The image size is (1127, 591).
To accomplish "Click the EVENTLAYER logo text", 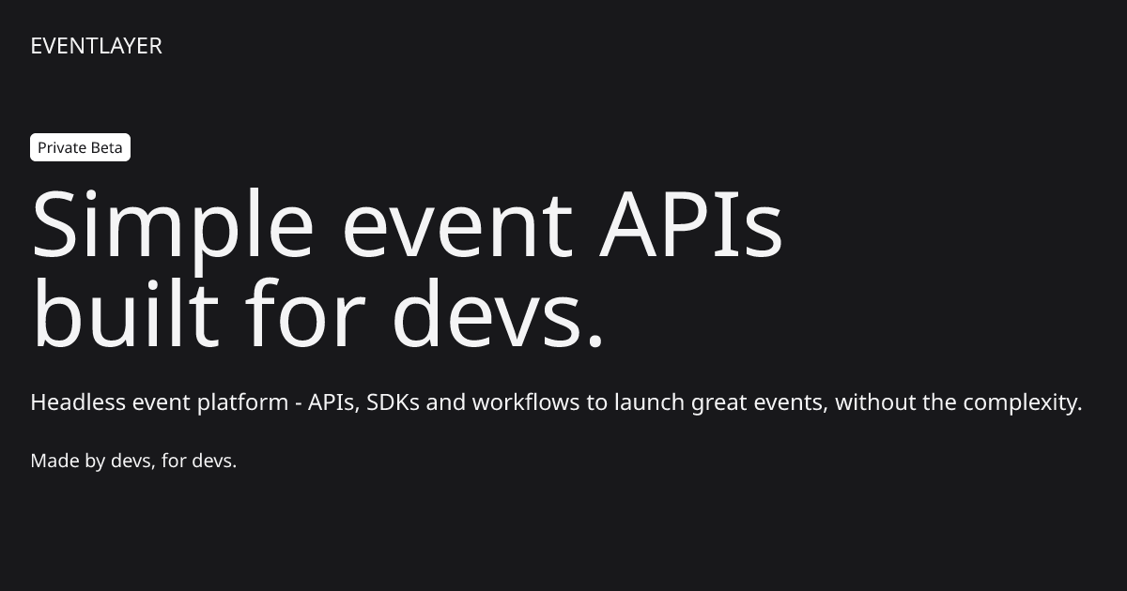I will point(96,46).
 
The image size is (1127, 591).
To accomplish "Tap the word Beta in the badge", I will point(106,148).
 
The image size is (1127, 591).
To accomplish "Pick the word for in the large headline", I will point(306,314).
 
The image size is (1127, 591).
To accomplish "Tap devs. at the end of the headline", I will point(497,314).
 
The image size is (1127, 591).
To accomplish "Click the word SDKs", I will point(394,402).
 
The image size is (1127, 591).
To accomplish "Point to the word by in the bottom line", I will point(95,462).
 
